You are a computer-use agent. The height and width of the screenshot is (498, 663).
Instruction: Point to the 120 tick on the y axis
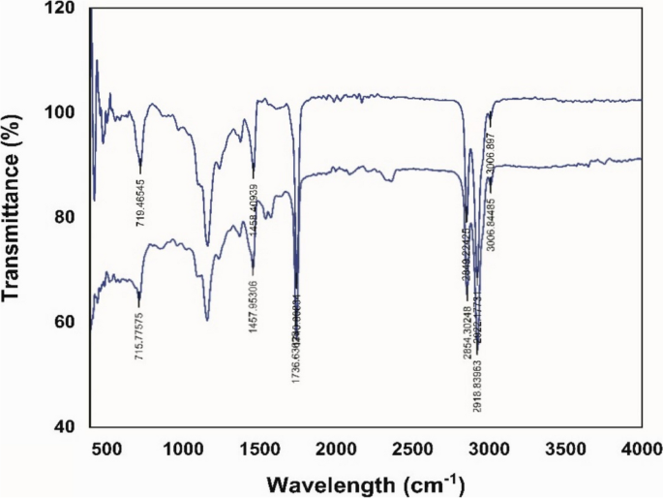click(x=63, y=8)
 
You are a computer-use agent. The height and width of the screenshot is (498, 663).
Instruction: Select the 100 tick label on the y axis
click(x=63, y=112)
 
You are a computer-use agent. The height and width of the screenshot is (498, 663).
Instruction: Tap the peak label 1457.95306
click(x=254, y=304)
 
